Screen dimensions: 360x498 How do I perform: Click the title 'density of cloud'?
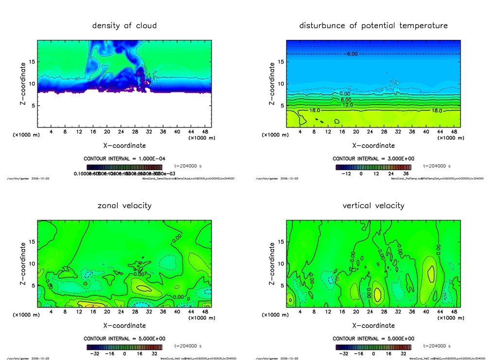[124, 25]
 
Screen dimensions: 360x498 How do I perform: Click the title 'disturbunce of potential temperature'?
[373, 25]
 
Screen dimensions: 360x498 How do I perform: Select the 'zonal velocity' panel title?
[124, 205]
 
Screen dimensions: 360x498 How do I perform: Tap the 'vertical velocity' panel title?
[373, 205]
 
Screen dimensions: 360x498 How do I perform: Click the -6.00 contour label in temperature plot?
[351, 54]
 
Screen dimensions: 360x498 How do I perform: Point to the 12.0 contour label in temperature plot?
[347, 105]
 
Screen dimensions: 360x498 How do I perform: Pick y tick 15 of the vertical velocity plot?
[281, 242]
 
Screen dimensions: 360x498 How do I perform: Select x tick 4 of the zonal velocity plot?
[51, 311]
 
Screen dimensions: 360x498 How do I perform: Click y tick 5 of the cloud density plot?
[32, 106]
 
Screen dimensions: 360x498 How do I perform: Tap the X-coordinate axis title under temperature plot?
[373, 145]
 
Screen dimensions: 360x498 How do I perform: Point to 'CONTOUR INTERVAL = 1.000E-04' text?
[124, 159]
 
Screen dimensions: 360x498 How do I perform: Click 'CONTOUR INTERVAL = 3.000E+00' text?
[373, 159]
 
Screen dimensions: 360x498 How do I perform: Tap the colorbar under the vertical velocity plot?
[373, 347]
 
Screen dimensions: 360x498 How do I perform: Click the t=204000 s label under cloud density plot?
[188, 166]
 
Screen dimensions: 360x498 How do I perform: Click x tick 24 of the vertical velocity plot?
[370, 311]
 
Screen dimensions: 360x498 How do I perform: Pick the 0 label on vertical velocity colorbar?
[373, 353]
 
